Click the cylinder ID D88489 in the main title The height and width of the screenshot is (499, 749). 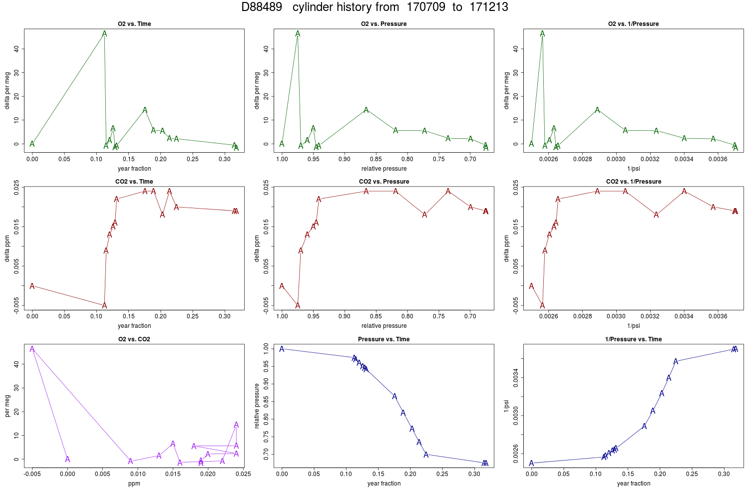(x=262, y=7)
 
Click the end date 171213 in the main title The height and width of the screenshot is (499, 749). (x=489, y=7)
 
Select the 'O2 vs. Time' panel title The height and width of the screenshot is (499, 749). (x=134, y=24)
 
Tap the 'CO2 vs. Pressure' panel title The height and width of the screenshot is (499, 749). (x=384, y=182)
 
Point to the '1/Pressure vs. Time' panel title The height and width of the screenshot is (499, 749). (x=633, y=339)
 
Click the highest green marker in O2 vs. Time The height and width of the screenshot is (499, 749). (x=104, y=33)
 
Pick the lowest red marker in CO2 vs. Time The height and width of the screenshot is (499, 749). (x=104, y=305)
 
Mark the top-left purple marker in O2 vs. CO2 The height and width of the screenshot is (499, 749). (x=32, y=349)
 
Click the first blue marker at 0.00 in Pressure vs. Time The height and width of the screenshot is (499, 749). (x=282, y=349)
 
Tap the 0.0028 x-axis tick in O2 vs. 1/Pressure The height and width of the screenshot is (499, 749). (x=583, y=159)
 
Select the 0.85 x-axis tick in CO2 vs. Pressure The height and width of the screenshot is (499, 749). (x=376, y=316)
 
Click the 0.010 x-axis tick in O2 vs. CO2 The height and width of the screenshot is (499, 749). (x=138, y=474)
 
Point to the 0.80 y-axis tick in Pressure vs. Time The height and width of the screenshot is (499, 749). (x=266, y=419)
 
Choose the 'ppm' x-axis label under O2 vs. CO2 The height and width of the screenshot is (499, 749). (x=134, y=484)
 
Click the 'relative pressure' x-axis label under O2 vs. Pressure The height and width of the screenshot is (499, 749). (x=384, y=169)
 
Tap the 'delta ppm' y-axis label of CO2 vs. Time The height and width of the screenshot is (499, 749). (x=7, y=249)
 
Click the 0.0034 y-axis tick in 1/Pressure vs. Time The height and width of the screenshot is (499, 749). (x=516, y=378)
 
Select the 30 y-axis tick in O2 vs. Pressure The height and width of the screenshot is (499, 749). (x=266, y=72)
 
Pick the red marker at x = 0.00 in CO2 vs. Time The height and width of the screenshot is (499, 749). (x=32, y=286)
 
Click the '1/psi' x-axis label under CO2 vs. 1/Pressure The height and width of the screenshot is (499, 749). (x=633, y=326)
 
